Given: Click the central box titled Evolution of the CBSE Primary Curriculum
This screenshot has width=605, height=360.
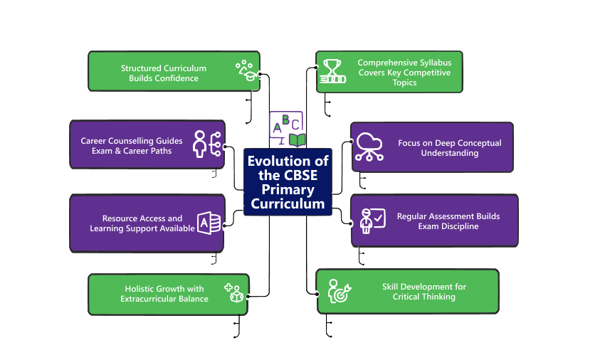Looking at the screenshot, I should (x=288, y=182).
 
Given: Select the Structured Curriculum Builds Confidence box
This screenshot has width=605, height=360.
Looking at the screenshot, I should (x=174, y=72).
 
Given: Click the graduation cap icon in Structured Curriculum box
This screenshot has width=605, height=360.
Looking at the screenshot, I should (x=246, y=70).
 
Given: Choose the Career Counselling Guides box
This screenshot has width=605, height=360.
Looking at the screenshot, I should (x=147, y=144).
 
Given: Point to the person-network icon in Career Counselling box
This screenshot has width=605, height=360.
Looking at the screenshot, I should (x=207, y=144).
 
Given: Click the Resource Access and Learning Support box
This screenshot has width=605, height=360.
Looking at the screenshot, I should (x=147, y=223).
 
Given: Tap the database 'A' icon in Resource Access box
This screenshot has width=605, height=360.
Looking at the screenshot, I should (x=209, y=223).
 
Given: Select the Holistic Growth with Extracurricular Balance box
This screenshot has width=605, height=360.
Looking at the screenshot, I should (x=168, y=294).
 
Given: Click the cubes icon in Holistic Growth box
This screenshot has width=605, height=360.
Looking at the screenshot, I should (x=233, y=293).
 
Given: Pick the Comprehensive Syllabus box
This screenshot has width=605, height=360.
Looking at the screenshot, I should (x=389, y=72).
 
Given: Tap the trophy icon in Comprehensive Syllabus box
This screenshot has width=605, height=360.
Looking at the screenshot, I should (x=332, y=71).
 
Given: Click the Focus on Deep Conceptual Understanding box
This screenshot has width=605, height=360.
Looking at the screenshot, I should (x=432, y=147).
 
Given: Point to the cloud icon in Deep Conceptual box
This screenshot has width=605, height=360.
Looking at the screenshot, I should (x=369, y=147).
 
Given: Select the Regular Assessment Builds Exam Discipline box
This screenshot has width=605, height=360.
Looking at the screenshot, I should (x=434, y=221).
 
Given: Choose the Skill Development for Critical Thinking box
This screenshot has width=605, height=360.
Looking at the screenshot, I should (x=407, y=291).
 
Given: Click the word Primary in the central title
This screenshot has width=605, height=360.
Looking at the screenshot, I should (x=288, y=189).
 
